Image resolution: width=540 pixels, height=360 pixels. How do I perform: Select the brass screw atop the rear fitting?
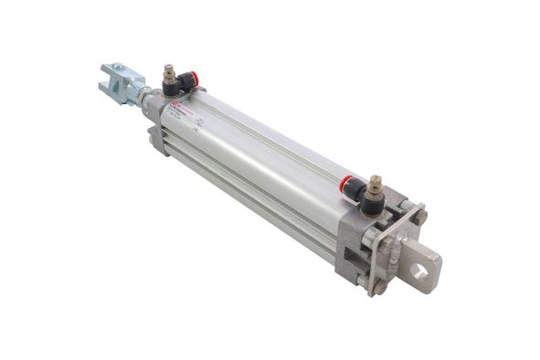point(375,181)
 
